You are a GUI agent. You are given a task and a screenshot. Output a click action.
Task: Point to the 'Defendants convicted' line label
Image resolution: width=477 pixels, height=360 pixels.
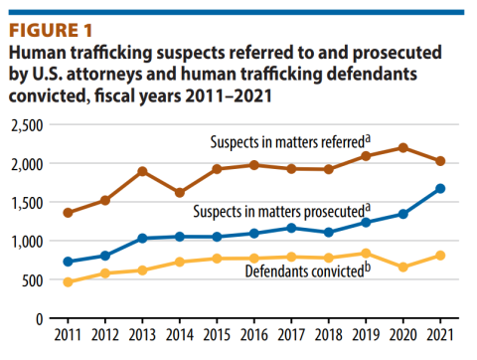[298, 270]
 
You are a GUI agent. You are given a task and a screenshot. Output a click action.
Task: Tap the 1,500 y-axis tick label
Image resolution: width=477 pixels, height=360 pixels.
[30, 203]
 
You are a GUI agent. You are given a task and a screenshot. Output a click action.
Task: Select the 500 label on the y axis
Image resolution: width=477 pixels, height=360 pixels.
[37, 280]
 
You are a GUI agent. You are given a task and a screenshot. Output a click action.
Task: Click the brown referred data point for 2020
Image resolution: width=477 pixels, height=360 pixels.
[403, 148]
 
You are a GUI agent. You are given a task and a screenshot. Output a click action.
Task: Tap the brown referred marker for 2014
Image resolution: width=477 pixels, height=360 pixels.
[180, 193]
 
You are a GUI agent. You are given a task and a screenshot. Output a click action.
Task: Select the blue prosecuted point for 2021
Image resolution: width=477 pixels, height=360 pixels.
[440, 188]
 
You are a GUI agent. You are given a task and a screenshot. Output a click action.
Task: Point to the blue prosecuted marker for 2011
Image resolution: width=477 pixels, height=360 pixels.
[68, 262]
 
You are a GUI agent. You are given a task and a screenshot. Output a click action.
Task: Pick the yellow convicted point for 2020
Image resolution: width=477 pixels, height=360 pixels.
[403, 267]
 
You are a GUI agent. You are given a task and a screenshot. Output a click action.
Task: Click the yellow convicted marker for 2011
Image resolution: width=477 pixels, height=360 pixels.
[68, 282]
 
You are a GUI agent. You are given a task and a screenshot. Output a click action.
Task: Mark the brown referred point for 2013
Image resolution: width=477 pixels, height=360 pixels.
[143, 171]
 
